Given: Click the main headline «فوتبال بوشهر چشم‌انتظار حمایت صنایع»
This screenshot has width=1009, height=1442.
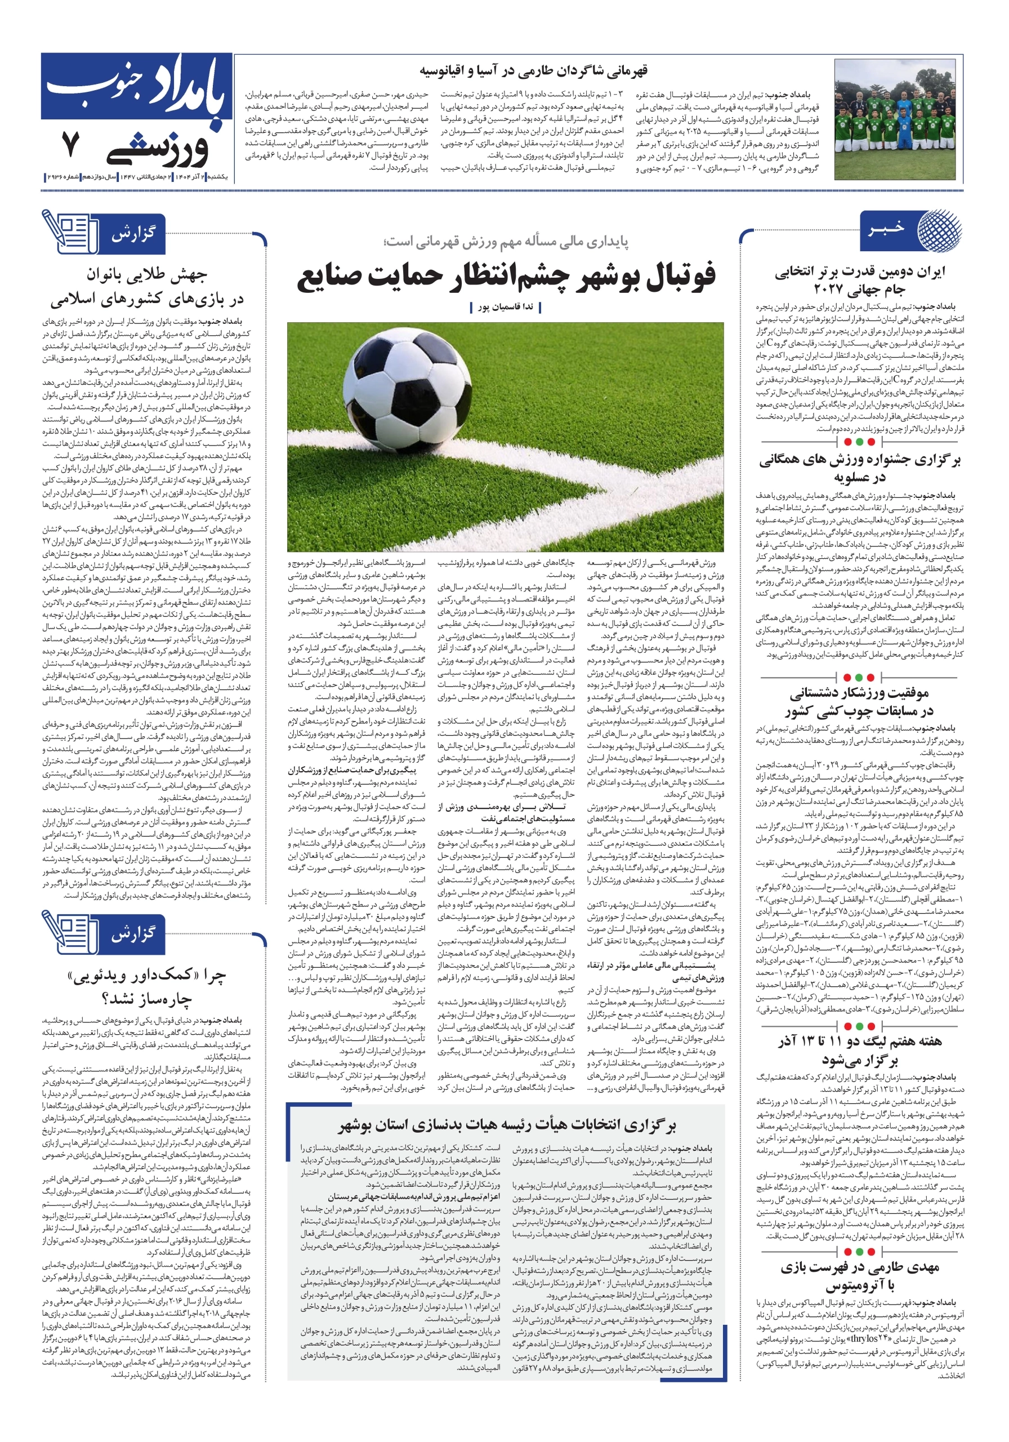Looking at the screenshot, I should pyautogui.click(x=506, y=277).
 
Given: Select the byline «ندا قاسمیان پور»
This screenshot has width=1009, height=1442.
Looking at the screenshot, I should pyautogui.click(x=506, y=308).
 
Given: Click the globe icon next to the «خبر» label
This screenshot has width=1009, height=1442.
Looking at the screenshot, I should pyautogui.click(x=938, y=229).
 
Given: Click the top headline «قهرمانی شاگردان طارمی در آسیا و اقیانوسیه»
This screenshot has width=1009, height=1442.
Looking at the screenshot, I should pyautogui.click(x=533, y=71).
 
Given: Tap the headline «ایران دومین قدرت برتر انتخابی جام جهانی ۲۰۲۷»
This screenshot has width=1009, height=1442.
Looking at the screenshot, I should pyautogui.click(x=859, y=281).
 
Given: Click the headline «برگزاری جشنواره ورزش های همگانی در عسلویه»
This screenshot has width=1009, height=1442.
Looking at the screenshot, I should pyautogui.click(x=859, y=468).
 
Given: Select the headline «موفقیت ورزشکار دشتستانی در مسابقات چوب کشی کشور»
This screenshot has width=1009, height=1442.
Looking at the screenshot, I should pyautogui.click(x=859, y=702).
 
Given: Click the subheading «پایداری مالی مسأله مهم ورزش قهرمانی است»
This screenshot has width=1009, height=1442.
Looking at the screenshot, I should pyautogui.click(x=506, y=241).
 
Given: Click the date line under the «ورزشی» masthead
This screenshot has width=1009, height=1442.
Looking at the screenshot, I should pyautogui.click(x=137, y=177).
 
